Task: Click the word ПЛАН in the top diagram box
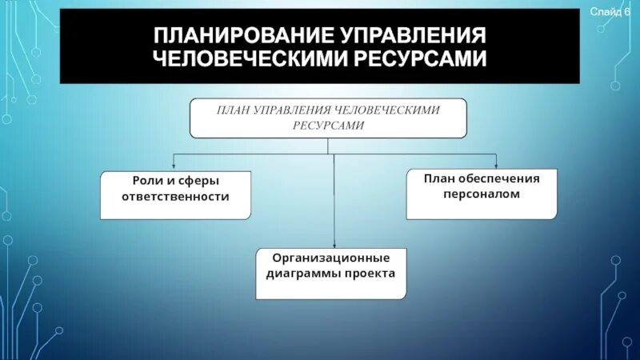click(x=232, y=110)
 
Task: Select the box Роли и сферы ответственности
click(x=175, y=194)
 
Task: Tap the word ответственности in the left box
click(x=175, y=196)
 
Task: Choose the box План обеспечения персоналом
click(x=482, y=194)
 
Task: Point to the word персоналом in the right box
click(x=482, y=194)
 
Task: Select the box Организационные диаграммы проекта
click(x=330, y=273)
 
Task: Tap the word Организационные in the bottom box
click(x=331, y=258)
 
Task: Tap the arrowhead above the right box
click(x=495, y=166)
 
